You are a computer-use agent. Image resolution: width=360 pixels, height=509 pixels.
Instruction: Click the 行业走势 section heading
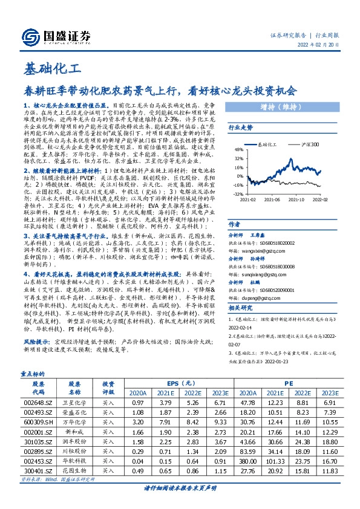coord(240,128)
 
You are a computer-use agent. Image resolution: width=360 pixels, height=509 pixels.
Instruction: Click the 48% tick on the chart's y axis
coord(238,149)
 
